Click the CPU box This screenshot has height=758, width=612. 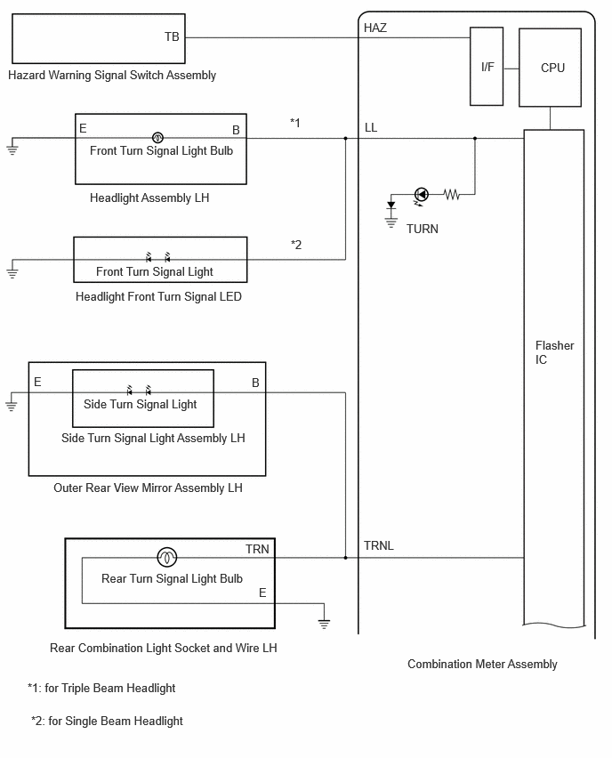[550, 68]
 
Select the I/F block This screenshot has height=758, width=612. [487, 66]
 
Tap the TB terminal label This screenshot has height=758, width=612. [172, 36]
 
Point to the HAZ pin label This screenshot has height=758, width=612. [375, 28]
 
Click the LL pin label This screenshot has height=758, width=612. [371, 127]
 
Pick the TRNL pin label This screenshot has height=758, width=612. [379, 545]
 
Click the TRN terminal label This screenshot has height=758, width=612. [257, 549]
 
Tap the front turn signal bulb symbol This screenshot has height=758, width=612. [157, 138]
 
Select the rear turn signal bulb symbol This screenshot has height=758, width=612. [166, 558]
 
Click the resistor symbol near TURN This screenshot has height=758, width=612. [452, 194]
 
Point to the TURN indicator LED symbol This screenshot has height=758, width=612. [422, 195]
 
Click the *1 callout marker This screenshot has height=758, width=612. [295, 123]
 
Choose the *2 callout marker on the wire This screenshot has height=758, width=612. [296, 245]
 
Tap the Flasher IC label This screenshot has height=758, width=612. [554, 352]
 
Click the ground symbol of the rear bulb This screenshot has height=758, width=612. [324, 623]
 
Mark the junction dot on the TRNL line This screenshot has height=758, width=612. [346, 558]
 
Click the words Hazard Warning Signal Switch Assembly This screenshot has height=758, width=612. [112, 76]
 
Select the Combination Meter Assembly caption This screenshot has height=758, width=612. [482, 665]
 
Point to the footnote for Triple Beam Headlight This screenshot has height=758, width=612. [101, 688]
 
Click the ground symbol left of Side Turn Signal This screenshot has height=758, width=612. [11, 405]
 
